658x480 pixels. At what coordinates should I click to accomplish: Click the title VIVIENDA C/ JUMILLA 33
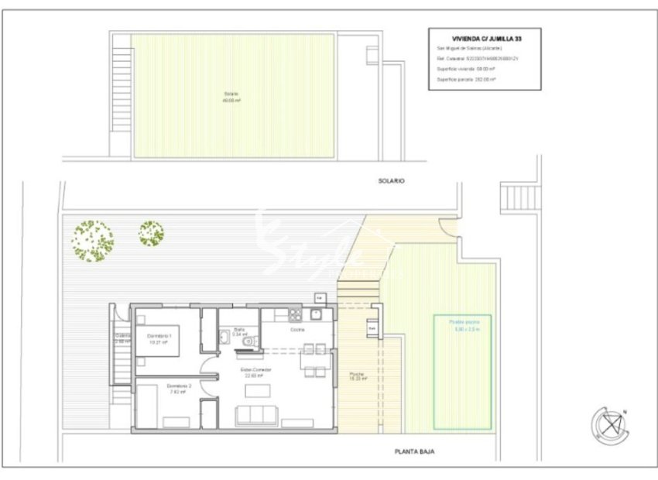[485, 37]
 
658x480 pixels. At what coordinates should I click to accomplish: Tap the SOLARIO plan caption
[392, 180]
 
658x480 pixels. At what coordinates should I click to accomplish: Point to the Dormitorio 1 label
[159, 336]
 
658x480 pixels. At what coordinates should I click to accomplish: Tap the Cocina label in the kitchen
[297, 330]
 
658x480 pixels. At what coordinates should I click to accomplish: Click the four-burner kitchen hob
[294, 314]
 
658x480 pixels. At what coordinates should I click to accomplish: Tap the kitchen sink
[317, 314]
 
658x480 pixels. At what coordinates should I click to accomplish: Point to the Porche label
[357, 376]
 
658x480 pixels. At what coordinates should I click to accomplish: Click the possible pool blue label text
[456, 326]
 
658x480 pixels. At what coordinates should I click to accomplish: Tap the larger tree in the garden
[93, 241]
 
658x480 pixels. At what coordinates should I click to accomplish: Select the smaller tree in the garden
[151, 232]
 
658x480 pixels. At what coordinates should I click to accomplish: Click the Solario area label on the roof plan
[231, 96]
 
